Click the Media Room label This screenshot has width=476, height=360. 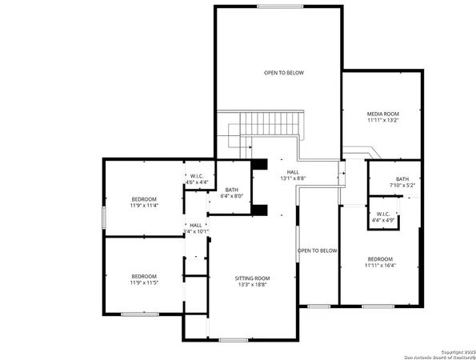[x=382, y=114]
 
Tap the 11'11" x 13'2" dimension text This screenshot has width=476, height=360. [x=382, y=122]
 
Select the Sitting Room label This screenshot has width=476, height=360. [x=252, y=278]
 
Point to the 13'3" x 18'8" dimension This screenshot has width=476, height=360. [x=252, y=285]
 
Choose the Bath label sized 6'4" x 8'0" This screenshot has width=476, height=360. [x=231, y=190]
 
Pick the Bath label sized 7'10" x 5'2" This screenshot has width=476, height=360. [x=402, y=178]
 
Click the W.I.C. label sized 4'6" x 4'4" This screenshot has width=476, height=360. [x=197, y=177]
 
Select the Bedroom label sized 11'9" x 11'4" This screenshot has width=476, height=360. [x=144, y=198]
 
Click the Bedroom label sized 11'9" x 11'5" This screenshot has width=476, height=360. [x=144, y=276]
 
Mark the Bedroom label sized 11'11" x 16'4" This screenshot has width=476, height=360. [x=380, y=258]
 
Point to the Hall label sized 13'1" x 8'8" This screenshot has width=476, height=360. [x=294, y=172]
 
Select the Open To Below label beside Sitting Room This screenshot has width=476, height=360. [x=318, y=250]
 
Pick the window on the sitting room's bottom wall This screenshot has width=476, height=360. [x=233, y=340]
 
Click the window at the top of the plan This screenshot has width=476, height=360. [x=279, y=6]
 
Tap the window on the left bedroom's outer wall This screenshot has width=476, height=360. [x=102, y=218]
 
